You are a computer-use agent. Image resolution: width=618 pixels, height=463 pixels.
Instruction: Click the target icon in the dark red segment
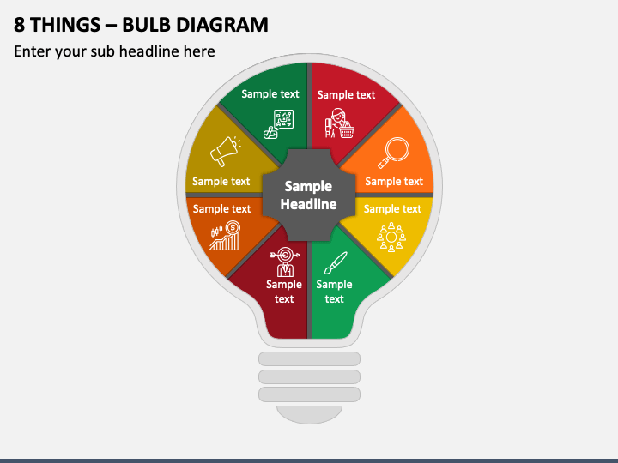click(283, 260)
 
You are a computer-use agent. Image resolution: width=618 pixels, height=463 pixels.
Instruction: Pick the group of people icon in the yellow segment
click(391, 237)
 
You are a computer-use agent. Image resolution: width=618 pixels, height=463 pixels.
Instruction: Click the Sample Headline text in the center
click(308, 195)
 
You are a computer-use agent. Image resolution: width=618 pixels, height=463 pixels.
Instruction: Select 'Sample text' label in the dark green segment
click(270, 94)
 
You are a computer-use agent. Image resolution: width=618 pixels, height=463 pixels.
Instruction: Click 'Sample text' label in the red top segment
click(346, 95)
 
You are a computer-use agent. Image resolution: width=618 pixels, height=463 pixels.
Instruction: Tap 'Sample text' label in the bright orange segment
click(394, 181)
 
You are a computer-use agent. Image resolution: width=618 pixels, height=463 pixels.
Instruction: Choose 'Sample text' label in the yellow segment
click(392, 208)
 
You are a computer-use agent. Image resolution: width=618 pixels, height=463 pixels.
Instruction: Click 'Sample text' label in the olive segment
click(221, 181)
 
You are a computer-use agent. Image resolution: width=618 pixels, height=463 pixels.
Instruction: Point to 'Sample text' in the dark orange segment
click(221, 208)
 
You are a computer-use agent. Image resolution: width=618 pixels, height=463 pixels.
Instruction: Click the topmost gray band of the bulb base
click(309, 357)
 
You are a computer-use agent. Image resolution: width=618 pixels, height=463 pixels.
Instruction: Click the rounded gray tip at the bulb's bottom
click(309, 414)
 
